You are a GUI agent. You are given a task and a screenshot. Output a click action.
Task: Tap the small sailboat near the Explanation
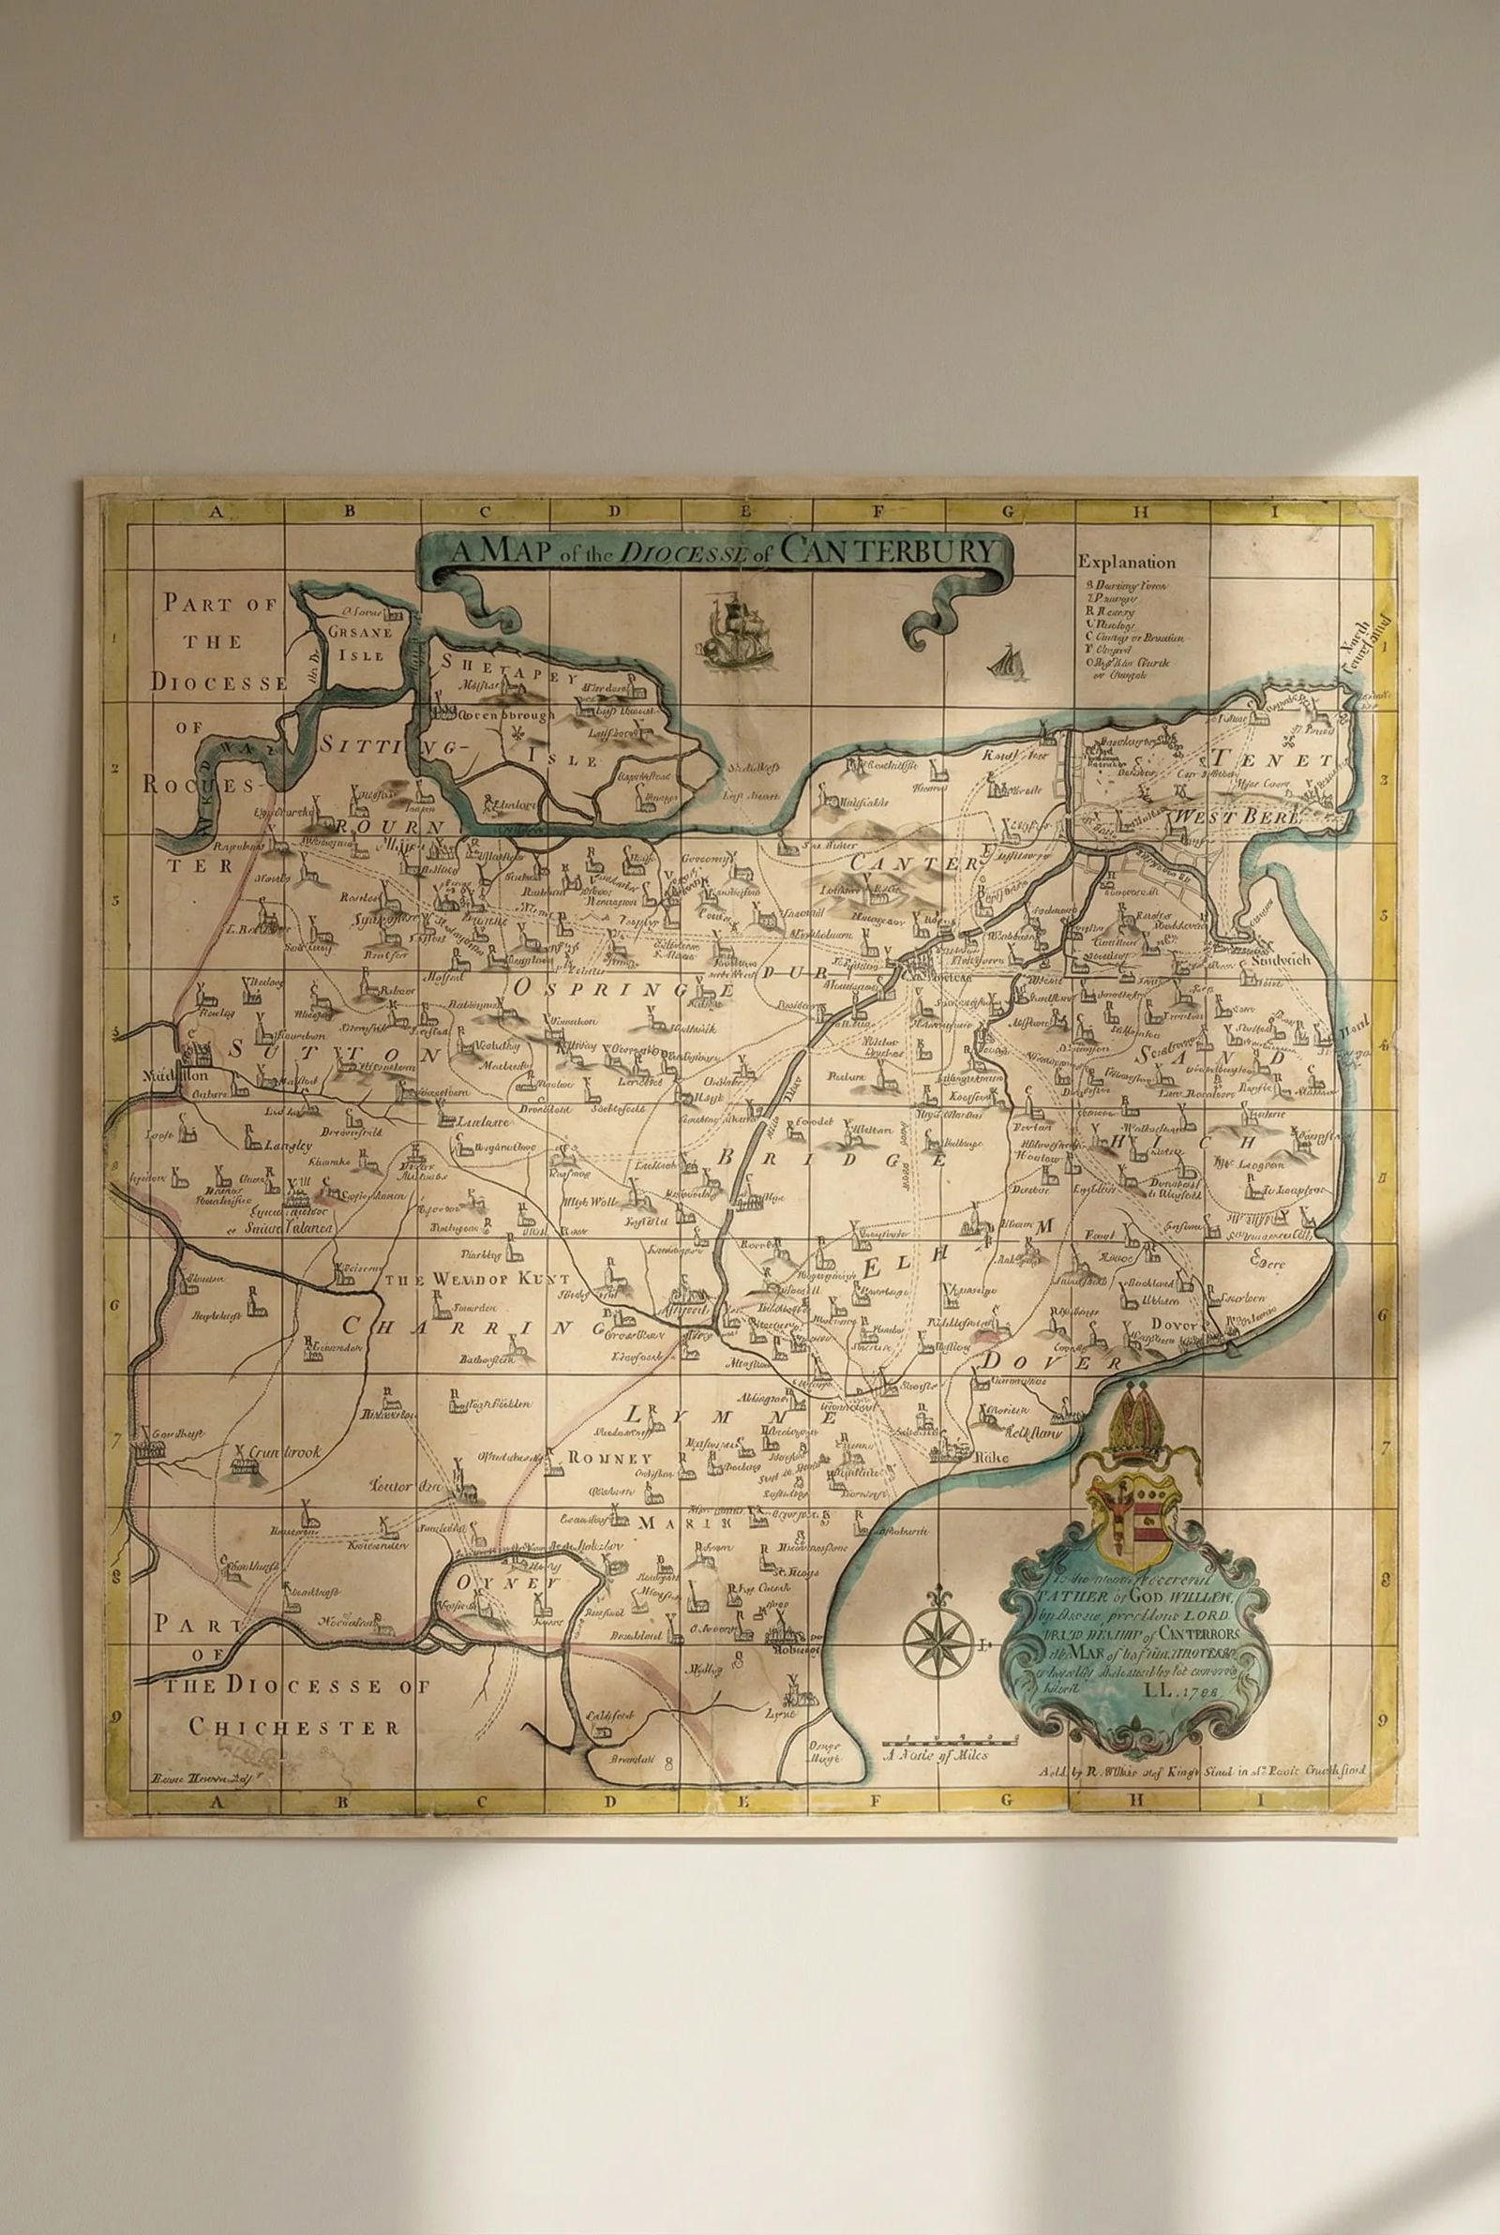coord(1004,662)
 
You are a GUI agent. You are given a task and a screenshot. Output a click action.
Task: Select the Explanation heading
coord(1126,562)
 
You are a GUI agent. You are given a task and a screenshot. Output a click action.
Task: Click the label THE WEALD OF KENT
coord(476,1279)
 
